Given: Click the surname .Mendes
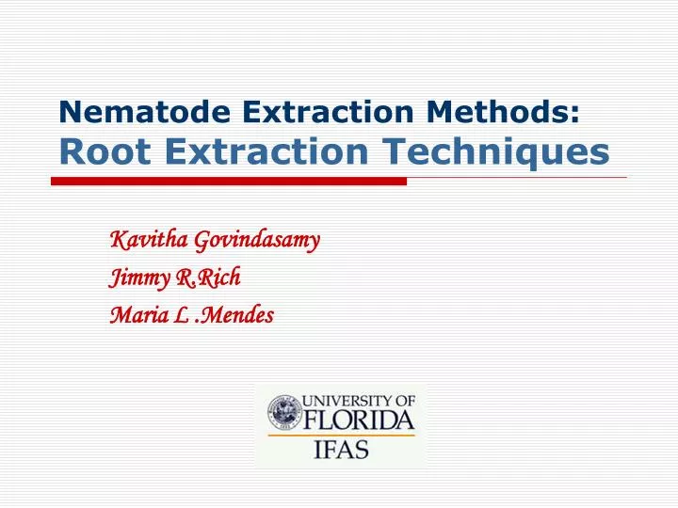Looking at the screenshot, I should pos(235,315).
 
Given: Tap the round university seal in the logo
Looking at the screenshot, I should pos(283,413).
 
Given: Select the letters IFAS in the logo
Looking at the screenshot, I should pos(341,450).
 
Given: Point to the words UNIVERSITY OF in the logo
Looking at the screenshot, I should pos(359,400).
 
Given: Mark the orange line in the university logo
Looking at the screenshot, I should pos(341,434).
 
